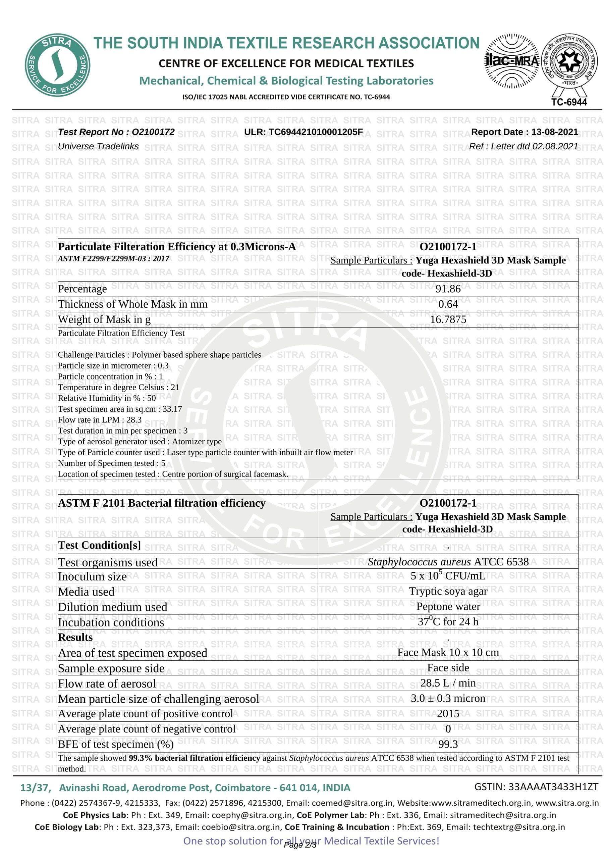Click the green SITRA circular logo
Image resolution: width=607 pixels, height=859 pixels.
tap(57, 66)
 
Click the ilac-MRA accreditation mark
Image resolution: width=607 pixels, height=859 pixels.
tap(512, 61)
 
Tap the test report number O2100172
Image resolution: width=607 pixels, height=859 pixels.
tap(116, 132)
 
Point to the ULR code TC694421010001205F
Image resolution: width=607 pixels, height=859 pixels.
tap(303, 132)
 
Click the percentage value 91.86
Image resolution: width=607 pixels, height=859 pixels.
tap(448, 289)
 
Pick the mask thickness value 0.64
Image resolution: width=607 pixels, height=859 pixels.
tap(448, 304)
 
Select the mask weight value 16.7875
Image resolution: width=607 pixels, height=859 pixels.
tap(448, 319)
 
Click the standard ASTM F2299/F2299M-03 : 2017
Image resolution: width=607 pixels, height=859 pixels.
tap(113, 258)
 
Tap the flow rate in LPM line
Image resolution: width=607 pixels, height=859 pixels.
tap(100, 420)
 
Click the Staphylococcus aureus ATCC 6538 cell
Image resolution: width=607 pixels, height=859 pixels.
tap(448, 562)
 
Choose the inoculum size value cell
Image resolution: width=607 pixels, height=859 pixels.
tap(448, 576)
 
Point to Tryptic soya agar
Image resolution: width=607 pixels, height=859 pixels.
tap(448, 591)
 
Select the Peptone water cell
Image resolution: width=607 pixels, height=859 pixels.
tap(448, 606)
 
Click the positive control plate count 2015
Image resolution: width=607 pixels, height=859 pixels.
tap(448, 713)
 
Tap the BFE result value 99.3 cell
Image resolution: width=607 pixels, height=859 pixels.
tap(448, 744)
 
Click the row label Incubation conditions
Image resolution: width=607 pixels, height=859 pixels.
tap(111, 622)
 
